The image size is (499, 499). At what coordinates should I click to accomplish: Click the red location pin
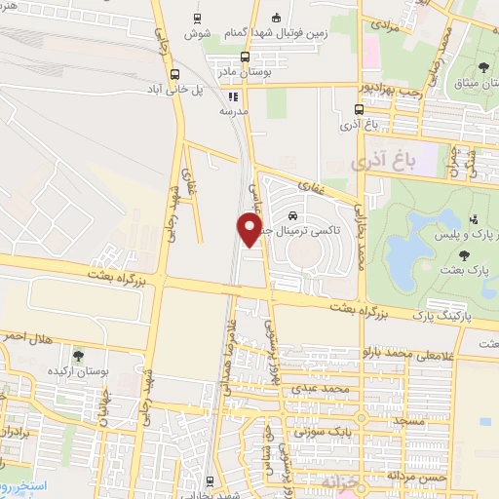[x=249, y=230]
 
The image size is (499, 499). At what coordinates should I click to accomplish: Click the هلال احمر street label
[x=31, y=338]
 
